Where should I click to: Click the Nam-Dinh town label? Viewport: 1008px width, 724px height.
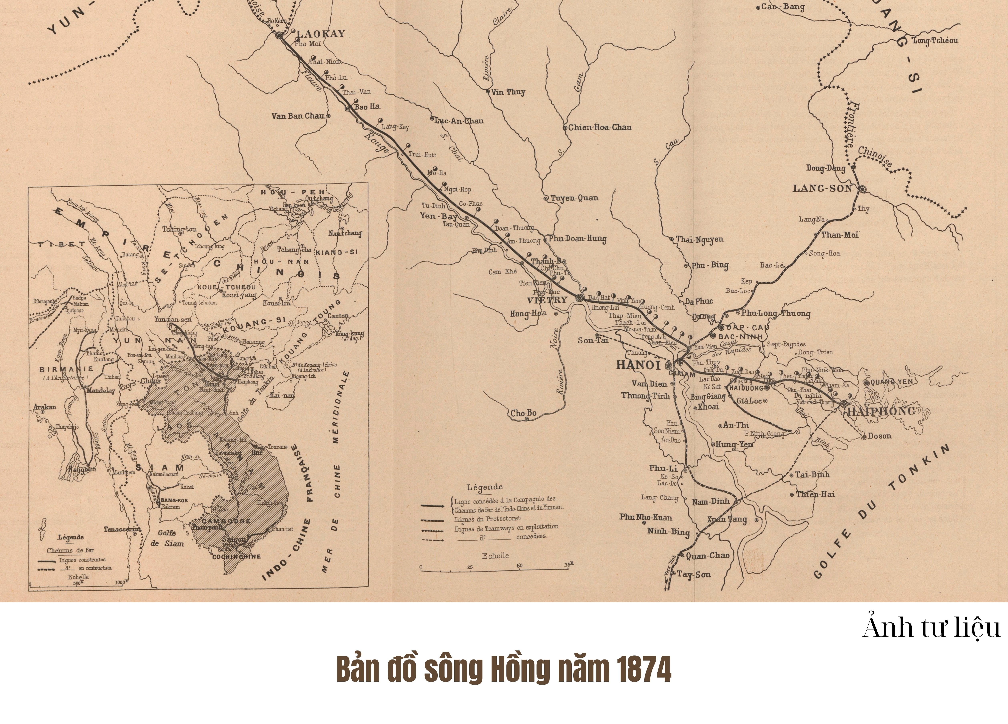click(711, 502)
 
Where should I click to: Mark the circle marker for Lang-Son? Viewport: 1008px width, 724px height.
click(862, 189)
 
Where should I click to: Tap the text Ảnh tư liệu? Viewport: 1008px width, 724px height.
click(931, 628)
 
